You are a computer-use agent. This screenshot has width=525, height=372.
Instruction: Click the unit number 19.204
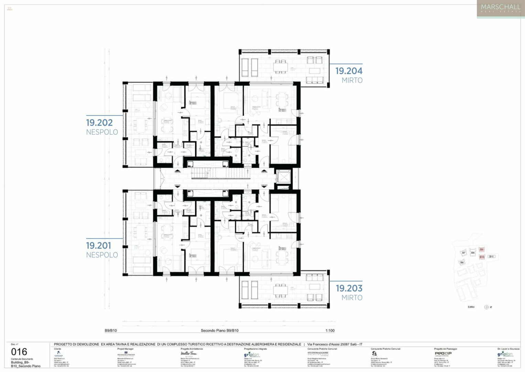coord(349,71)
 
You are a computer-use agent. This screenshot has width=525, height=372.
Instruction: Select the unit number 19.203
coord(349,288)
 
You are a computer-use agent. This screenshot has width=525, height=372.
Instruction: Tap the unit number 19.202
coord(99,123)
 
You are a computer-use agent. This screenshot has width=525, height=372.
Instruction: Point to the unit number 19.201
coord(99,246)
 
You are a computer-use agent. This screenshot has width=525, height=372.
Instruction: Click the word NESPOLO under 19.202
coord(102,132)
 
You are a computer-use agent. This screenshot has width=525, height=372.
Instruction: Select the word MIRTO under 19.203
coord(352,298)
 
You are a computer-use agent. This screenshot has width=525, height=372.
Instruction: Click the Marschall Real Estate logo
coord(500,9)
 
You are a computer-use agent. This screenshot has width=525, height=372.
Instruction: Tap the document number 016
coord(19,352)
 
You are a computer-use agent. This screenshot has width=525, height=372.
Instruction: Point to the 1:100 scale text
coord(330,331)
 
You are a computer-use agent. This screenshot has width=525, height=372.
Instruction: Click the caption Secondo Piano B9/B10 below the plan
coord(219,331)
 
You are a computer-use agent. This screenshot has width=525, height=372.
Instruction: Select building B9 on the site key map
coord(482,249)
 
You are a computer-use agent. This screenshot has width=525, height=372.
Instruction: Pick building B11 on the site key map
coord(492,256)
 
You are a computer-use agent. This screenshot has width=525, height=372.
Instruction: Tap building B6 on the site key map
coord(462,262)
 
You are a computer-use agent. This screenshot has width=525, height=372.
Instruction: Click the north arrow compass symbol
coord(486,307)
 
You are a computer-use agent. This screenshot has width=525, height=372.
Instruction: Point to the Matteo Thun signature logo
coord(189,353)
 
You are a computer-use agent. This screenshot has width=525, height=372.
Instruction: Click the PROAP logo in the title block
coord(443,353)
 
